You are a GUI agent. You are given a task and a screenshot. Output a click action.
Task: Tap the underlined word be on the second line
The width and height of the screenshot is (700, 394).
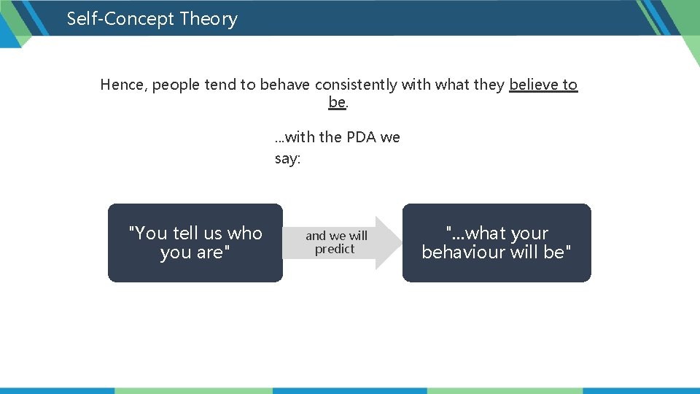337,103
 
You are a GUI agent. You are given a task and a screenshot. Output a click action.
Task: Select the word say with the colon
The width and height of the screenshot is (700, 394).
287,159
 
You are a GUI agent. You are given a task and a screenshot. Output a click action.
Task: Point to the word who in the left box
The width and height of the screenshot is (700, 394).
244,233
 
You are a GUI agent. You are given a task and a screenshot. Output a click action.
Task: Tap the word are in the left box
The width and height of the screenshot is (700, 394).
210,252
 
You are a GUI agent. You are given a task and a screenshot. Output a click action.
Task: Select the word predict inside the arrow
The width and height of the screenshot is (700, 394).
335,250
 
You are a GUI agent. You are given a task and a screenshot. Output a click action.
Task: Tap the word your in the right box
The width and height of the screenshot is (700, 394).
530,233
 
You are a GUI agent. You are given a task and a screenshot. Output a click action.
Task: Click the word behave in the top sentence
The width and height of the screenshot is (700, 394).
281,85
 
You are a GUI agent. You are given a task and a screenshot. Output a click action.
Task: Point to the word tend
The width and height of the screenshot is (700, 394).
220,85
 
